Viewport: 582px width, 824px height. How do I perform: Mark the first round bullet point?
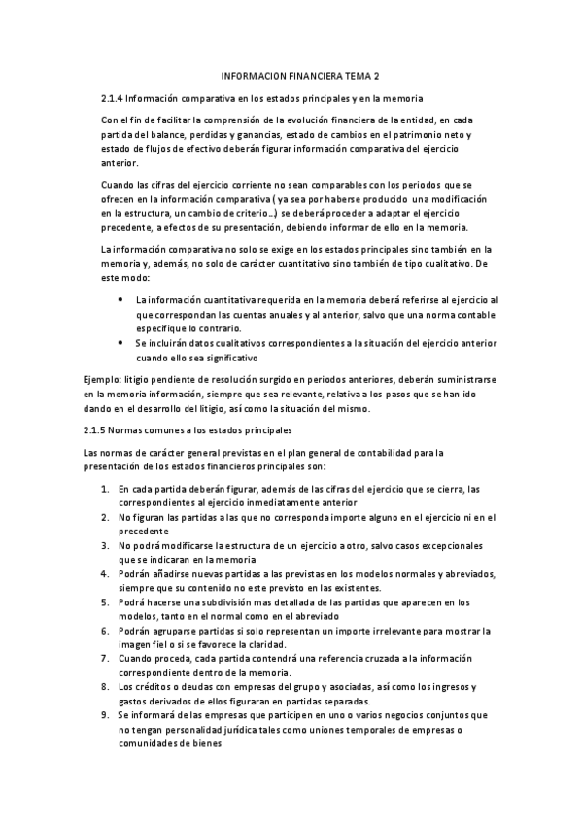click(120, 300)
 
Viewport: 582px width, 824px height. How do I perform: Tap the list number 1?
click(105, 488)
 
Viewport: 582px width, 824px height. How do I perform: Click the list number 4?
click(105, 575)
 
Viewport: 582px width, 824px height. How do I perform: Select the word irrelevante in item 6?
click(388, 632)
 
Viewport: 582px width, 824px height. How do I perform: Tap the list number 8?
click(105, 689)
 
